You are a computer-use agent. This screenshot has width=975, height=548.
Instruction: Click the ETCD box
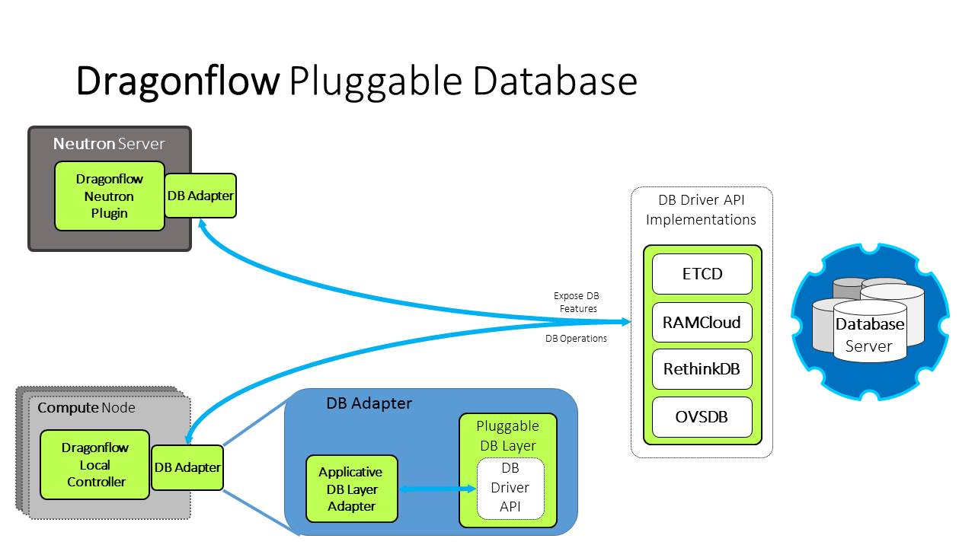click(x=702, y=274)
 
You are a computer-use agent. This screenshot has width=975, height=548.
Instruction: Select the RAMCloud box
click(x=702, y=322)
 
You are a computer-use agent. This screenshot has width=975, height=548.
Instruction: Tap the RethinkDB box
click(x=702, y=369)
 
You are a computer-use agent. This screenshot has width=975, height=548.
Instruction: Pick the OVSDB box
click(x=702, y=417)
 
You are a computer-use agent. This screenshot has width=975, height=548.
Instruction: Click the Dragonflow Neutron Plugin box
click(x=110, y=196)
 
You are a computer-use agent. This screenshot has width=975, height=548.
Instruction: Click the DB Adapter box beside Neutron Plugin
click(x=200, y=196)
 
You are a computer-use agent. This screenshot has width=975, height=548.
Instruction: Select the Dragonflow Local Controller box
click(x=95, y=464)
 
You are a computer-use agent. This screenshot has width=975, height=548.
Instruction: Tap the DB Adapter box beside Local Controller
click(x=187, y=467)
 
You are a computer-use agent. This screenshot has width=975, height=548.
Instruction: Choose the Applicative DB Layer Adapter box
click(x=351, y=489)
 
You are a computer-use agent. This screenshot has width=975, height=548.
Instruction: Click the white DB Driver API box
click(x=510, y=487)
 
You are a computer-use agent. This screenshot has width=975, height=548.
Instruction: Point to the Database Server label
click(x=869, y=335)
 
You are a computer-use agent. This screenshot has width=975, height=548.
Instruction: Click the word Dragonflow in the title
click(x=177, y=81)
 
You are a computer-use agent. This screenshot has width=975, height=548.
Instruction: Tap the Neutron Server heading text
click(x=109, y=144)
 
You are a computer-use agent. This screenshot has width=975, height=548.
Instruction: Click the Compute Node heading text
click(x=86, y=408)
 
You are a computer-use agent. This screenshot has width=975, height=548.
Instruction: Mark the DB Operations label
click(x=576, y=339)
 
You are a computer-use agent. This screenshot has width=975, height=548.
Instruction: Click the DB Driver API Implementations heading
click(x=701, y=210)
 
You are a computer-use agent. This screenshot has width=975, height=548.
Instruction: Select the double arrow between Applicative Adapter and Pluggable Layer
click(x=428, y=489)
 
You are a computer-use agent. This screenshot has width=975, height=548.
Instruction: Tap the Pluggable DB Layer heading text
click(x=507, y=435)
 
